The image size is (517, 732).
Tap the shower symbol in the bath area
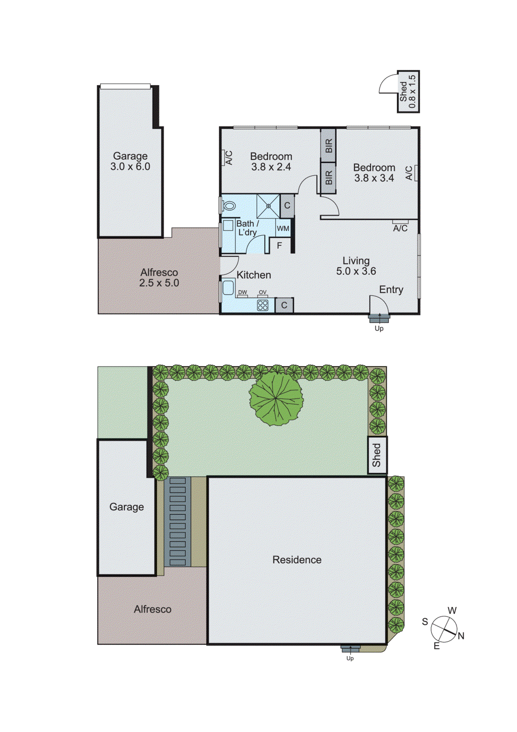[268, 206]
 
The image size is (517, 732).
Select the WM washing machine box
[283, 228]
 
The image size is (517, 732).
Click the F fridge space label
[279, 246]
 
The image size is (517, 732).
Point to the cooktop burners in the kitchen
[263, 305]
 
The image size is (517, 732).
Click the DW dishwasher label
[242, 292]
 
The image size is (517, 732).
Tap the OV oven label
[262, 292]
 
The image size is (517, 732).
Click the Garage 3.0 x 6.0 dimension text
[130, 167]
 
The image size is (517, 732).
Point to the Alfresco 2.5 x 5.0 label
[159, 278]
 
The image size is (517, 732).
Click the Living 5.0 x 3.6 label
[356, 266]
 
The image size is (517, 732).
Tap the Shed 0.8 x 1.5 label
[408, 91]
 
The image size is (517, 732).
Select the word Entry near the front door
[391, 290]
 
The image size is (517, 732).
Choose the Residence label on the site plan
[297, 560]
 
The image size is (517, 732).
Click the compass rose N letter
[461, 636]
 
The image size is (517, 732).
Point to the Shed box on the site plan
[377, 455]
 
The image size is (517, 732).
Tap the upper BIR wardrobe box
[328, 145]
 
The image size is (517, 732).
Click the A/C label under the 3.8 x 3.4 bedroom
[400, 228]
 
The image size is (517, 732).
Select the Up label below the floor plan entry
[379, 328]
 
